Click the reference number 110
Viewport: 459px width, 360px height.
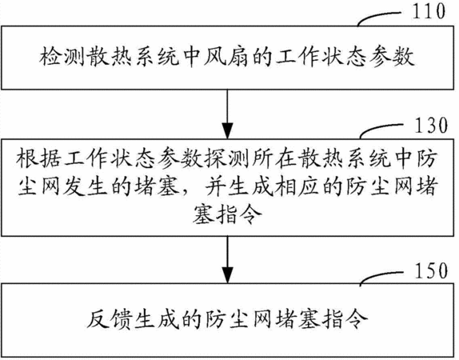point(429,11)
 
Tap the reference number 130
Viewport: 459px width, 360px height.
point(431,125)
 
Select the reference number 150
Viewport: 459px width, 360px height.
point(431,270)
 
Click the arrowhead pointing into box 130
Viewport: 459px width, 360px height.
point(227,130)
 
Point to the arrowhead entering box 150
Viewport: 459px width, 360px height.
point(227,275)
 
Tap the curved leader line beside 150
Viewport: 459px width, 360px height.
point(381,275)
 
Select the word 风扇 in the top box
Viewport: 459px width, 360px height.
point(226,56)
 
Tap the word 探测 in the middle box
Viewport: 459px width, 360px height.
point(227,160)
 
